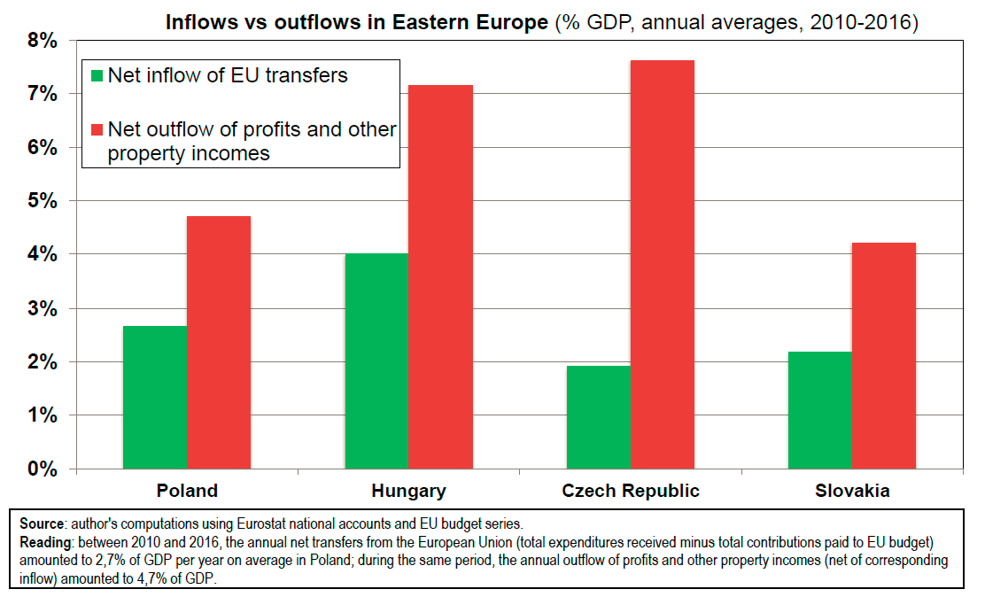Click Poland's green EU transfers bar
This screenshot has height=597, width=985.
coord(155,397)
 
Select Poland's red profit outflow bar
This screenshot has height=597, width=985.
coord(219,342)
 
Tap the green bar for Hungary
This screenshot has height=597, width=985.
coord(376,361)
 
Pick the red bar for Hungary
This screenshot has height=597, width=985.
coord(440,276)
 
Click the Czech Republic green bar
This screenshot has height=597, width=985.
coord(599,416)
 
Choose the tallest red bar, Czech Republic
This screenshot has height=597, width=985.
coord(663,264)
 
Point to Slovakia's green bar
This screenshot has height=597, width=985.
coord(820,409)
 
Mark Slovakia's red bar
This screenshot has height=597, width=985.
coord(884,355)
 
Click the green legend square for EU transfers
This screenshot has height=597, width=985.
coord(97,75)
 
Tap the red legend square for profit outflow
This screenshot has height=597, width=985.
coord(97,129)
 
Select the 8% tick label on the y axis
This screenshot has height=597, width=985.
coord(41,41)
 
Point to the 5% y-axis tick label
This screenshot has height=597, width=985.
coord(41,201)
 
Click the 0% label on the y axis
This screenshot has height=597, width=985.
coord(41,469)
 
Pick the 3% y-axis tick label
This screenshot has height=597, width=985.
coord(41,308)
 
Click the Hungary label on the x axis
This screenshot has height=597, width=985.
coord(408,491)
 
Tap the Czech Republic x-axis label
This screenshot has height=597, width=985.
coord(631,491)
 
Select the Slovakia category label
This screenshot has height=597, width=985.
coord(853,491)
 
